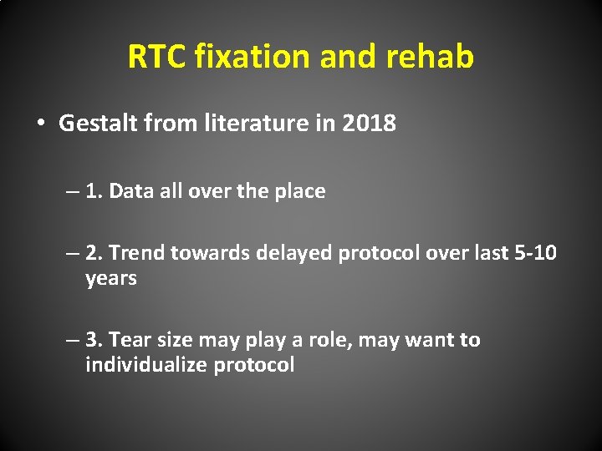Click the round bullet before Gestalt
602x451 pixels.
(x=40, y=124)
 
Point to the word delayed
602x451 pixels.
(x=294, y=253)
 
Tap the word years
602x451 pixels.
(x=111, y=278)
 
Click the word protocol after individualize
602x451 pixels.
(x=253, y=365)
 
